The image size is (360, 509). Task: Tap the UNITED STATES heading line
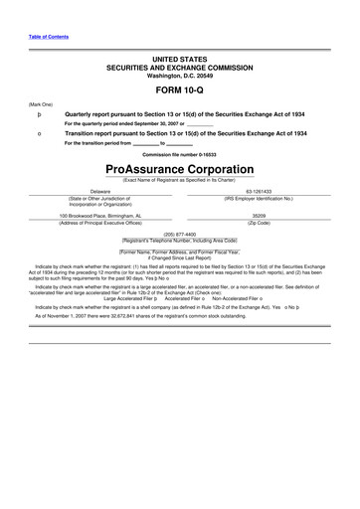[x=179, y=61]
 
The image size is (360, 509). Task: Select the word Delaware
[x=100, y=191]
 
